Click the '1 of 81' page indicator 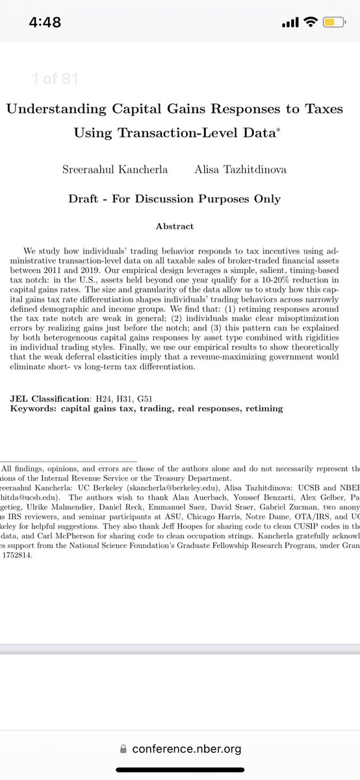pyautogui.click(x=55, y=79)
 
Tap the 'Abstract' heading pyautogui.click(x=175, y=226)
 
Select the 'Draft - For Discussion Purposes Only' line pyautogui.click(x=175, y=199)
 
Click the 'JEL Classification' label pyautogui.click(x=49, y=398)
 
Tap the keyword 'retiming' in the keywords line pyautogui.click(x=261, y=408)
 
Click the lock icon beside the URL pyautogui.click(x=124, y=749)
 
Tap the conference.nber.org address pyautogui.click(x=186, y=749)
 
